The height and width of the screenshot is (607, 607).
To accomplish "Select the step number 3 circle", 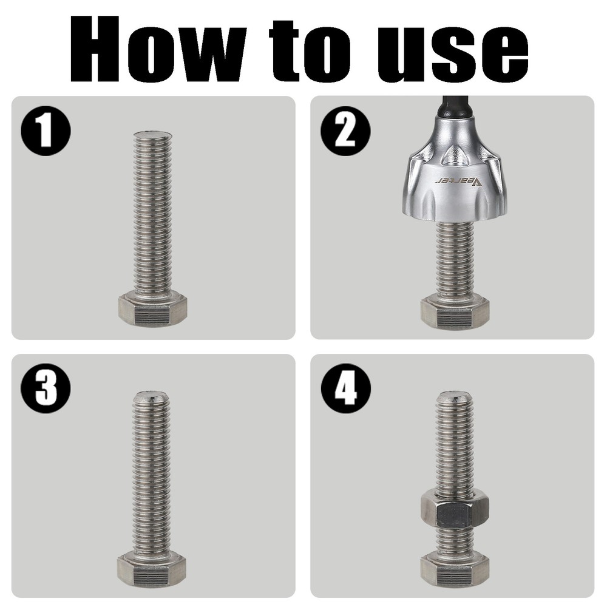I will [x=46, y=388].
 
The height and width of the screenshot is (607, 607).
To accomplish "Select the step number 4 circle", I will [x=345, y=388].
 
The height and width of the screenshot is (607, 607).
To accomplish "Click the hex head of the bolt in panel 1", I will [x=152, y=309].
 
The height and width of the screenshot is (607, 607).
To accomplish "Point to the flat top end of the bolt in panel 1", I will [x=152, y=135].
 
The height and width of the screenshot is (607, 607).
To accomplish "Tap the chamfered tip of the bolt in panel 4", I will [x=455, y=398].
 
